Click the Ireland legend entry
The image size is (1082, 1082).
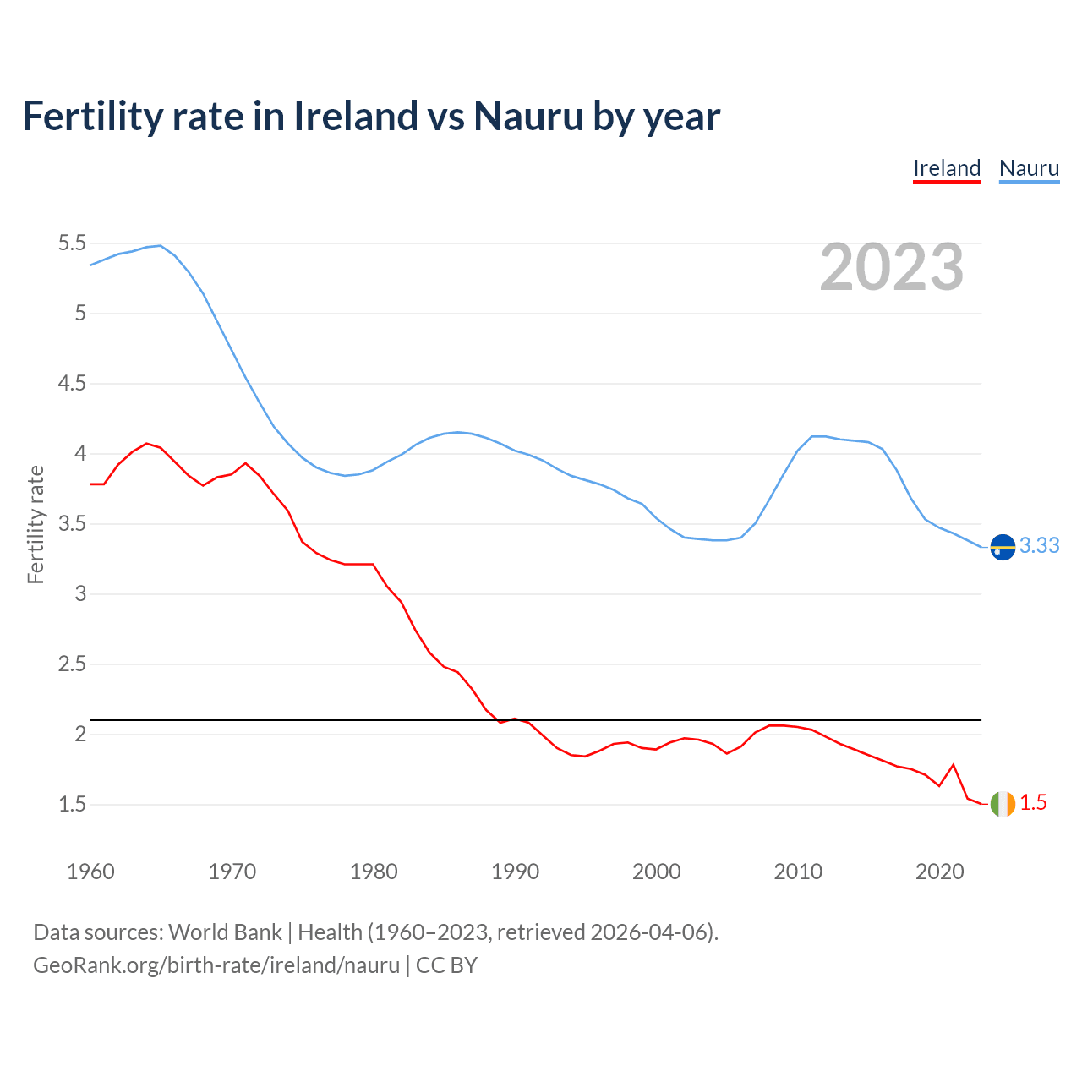(x=947, y=168)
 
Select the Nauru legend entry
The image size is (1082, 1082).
(x=1029, y=168)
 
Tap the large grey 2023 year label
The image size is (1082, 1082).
(x=892, y=267)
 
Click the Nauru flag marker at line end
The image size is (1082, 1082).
(x=1003, y=548)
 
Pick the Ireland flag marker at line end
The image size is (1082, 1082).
(x=1003, y=804)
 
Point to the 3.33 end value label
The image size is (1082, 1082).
(x=1039, y=546)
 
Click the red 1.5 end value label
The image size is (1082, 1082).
(x=1033, y=803)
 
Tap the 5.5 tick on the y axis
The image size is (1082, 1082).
(x=72, y=243)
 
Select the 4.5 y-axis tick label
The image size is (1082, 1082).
(x=72, y=384)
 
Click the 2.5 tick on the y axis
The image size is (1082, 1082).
(x=72, y=664)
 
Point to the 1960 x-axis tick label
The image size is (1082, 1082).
(x=90, y=872)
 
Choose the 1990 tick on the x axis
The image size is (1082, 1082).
(x=515, y=872)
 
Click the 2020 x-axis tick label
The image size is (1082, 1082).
(x=939, y=872)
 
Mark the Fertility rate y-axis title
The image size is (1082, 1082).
(x=36, y=524)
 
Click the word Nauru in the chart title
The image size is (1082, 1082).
(x=528, y=116)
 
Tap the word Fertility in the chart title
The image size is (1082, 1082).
(x=90, y=116)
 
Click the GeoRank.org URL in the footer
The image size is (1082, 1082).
(x=216, y=965)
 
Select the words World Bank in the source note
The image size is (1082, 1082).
(x=225, y=932)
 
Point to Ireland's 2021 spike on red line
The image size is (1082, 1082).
(x=954, y=765)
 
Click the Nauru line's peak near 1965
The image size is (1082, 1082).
(x=160, y=246)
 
